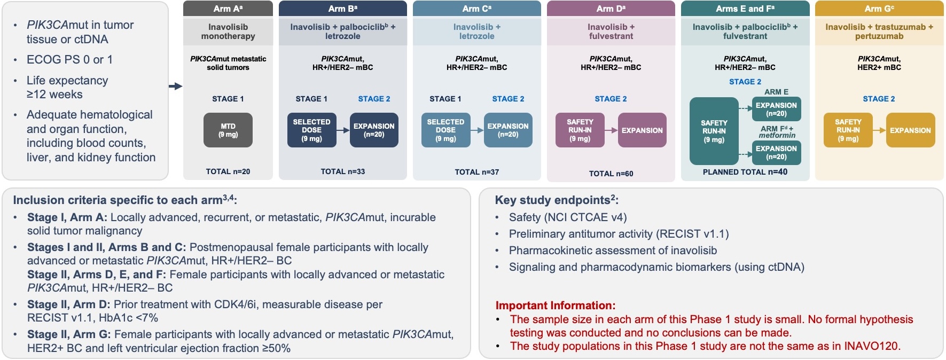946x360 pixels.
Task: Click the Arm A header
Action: click(228, 9)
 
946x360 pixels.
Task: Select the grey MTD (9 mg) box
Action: click(228, 130)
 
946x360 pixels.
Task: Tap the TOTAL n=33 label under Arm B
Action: click(342, 171)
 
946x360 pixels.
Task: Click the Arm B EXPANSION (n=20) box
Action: click(374, 130)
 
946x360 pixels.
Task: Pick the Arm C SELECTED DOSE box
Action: click(445, 130)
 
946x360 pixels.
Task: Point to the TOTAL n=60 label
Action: click(611, 174)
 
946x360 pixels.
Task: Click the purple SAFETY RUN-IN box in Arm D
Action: click(580, 130)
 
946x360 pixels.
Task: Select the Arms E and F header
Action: click(745, 9)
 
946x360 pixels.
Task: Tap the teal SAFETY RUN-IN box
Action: click(714, 131)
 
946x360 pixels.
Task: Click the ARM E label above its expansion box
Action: click(776, 92)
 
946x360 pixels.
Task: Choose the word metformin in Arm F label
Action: click(777, 136)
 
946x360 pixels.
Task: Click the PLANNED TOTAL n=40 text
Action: click(745, 172)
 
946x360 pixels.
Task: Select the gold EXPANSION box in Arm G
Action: click(910, 130)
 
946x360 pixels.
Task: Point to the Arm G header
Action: click(879, 9)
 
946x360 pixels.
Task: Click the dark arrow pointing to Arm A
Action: click(175, 86)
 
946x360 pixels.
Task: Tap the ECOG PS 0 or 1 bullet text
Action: click(69, 60)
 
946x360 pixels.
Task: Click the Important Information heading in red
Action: click(555, 306)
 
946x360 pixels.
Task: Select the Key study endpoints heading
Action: click(556, 200)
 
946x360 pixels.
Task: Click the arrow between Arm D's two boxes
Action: click(611, 130)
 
